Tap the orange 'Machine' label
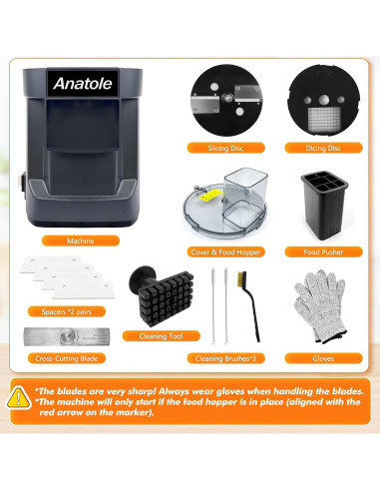tap(81, 241)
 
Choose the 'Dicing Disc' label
tap(323, 148)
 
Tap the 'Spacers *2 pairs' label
tap(60, 312)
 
